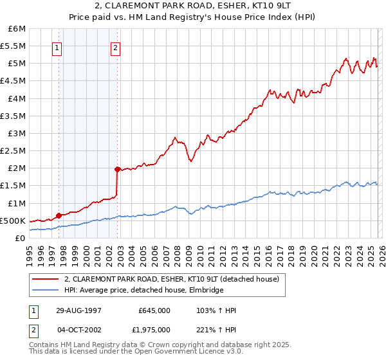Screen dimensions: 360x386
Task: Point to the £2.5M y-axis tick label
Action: point(14,151)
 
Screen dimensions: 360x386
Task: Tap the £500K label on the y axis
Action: point(13,221)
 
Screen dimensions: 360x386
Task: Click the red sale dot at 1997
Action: point(59,215)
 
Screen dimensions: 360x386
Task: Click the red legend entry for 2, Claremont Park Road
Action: point(171,280)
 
